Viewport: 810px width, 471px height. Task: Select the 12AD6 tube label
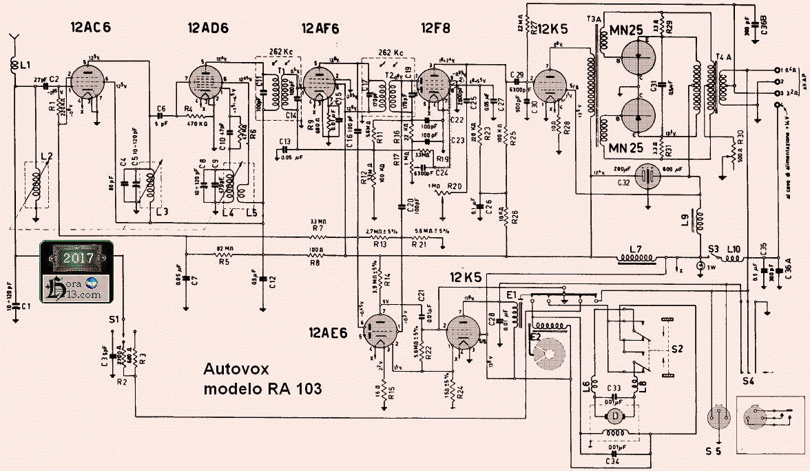208,28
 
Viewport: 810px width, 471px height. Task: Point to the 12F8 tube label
436,28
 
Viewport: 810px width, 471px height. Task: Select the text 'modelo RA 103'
263,388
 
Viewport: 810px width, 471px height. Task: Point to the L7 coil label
636,247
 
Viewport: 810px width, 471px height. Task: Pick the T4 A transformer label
725,55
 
